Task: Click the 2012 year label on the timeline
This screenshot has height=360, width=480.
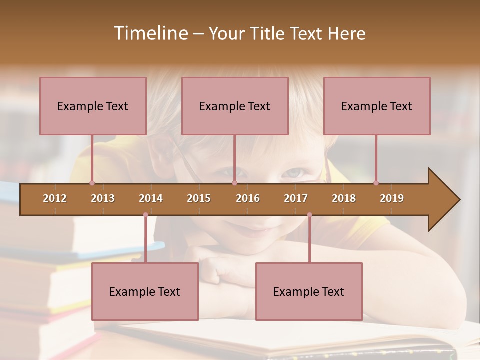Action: [x=55, y=198]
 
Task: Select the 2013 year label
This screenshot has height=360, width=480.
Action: [x=103, y=198]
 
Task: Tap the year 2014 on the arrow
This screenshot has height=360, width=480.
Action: [x=151, y=198]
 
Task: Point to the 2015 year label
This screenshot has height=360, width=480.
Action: [x=199, y=198]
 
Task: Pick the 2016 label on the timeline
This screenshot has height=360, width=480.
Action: [x=248, y=198]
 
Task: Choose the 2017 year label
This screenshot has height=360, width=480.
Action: [x=296, y=198]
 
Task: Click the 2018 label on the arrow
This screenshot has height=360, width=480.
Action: [x=344, y=198]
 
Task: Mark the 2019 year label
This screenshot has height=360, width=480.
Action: [x=392, y=198]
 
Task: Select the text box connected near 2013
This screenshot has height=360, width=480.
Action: [x=93, y=106]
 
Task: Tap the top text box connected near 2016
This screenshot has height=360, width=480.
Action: [x=235, y=106]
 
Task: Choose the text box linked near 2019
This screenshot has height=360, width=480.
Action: [x=377, y=106]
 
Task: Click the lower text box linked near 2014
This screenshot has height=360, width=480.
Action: [x=145, y=291]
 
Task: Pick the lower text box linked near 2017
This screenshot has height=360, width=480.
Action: [x=309, y=291]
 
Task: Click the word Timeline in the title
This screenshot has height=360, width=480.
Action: [x=150, y=33]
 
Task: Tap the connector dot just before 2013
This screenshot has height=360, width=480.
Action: [x=92, y=183]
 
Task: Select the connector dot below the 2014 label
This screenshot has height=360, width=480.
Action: [x=145, y=215]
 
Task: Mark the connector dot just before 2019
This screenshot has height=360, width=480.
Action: [x=376, y=183]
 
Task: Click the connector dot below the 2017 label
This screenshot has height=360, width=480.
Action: [x=309, y=215]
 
